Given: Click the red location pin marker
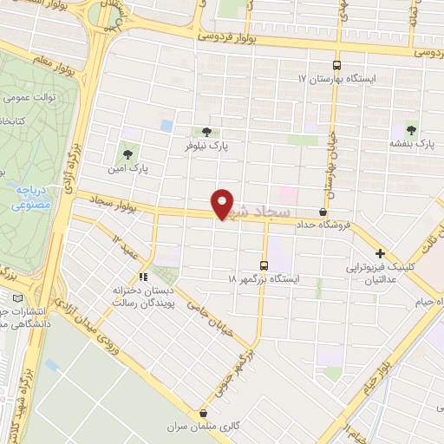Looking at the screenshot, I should point(223,204).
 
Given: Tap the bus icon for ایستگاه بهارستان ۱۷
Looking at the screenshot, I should point(337,65).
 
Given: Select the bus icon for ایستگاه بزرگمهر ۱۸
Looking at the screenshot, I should point(264,265).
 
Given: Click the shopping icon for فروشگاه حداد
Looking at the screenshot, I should point(323,212).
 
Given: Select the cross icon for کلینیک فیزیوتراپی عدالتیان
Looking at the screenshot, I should point(380,255).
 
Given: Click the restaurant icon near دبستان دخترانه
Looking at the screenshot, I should point(145,277).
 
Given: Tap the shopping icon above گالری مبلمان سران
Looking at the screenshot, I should point(202,414).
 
